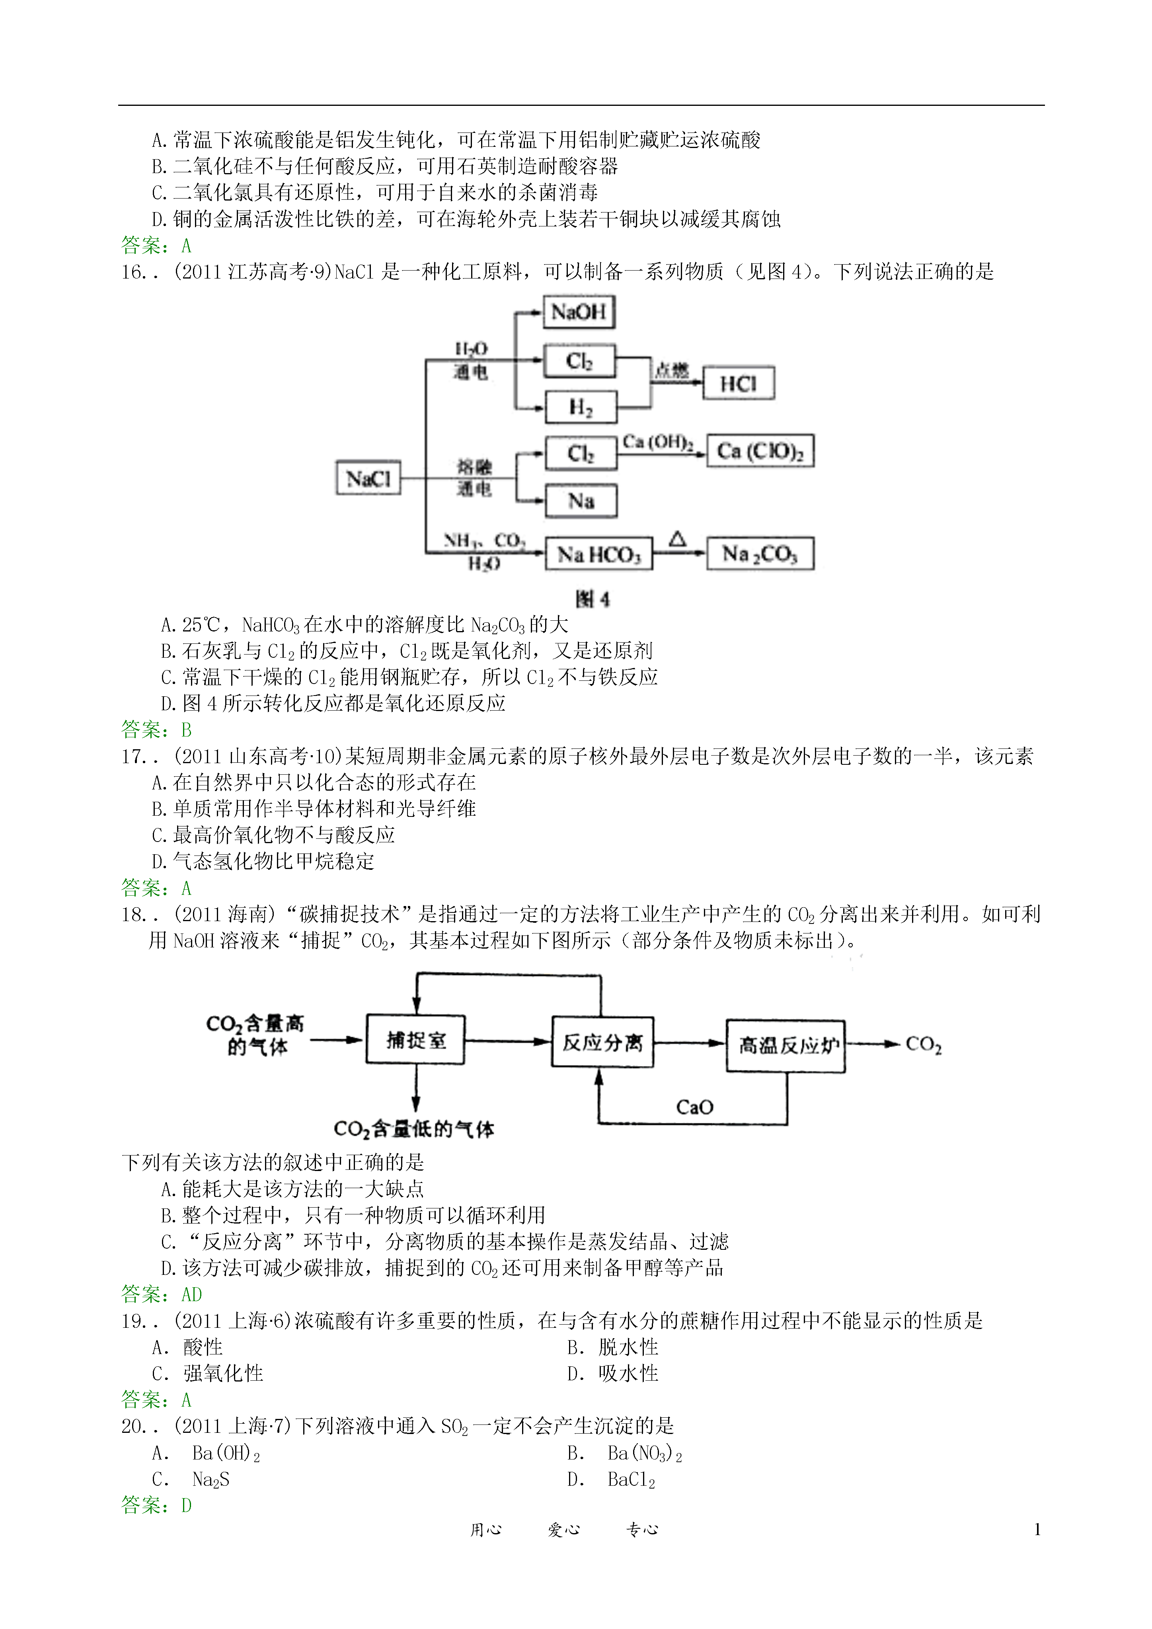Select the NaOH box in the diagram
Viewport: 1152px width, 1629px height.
[x=579, y=312]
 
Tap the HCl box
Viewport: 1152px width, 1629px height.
[x=739, y=384]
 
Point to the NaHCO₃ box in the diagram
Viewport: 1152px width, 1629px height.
[x=599, y=554]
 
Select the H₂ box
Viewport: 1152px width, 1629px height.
[x=581, y=407]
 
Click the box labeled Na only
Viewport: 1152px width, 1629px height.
[x=581, y=501]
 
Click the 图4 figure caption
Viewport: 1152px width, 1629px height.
[x=593, y=600]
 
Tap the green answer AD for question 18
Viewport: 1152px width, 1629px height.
[x=192, y=1294]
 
